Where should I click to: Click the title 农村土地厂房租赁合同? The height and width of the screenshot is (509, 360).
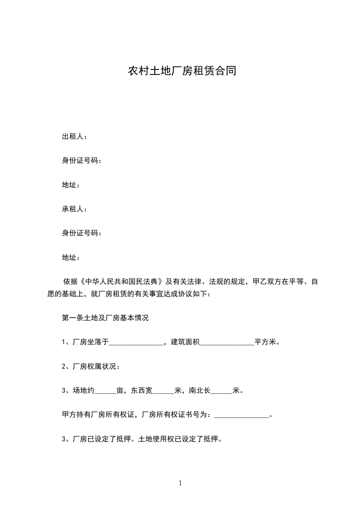coord(182,71)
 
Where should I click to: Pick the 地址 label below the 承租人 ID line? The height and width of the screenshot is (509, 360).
coord(69,258)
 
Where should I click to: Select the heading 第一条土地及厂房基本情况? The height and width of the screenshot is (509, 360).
coord(105,318)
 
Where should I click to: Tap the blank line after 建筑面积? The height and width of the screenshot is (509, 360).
coord(227,343)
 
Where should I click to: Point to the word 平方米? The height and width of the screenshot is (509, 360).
coord(265,343)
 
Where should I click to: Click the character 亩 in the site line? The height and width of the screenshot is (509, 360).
coord(120,391)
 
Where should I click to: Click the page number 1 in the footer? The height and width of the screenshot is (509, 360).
coord(180,484)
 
